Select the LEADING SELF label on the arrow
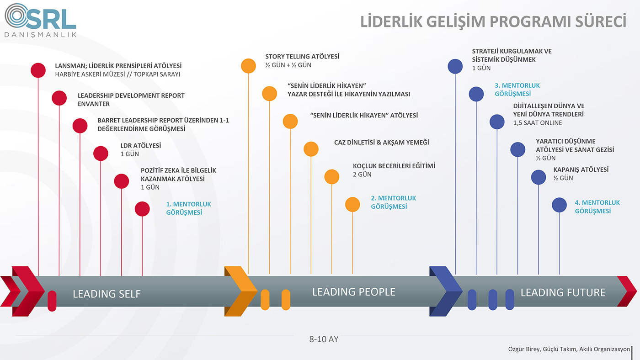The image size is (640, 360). (x=107, y=294)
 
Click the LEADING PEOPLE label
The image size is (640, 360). (x=354, y=292)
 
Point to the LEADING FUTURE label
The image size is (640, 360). (x=563, y=293)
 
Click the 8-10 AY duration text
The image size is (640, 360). (x=324, y=339)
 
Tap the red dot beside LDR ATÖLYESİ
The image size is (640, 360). (x=101, y=154)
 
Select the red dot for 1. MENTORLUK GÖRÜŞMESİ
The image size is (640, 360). (x=142, y=209)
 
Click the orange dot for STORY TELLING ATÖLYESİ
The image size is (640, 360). (x=249, y=66)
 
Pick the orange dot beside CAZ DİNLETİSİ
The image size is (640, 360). (x=311, y=149)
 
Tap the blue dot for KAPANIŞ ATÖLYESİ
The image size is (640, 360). (x=539, y=177)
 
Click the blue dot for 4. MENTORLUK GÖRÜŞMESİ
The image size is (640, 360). (x=559, y=205)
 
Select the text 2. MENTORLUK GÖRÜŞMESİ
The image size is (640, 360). (x=394, y=202)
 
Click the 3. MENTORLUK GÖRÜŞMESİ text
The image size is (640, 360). (x=517, y=90)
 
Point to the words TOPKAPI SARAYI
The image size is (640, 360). (x=157, y=74)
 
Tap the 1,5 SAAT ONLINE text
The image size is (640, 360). (x=538, y=123)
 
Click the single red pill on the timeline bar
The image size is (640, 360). (x=52, y=301)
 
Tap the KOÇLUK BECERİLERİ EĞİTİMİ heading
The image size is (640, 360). (x=394, y=166)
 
